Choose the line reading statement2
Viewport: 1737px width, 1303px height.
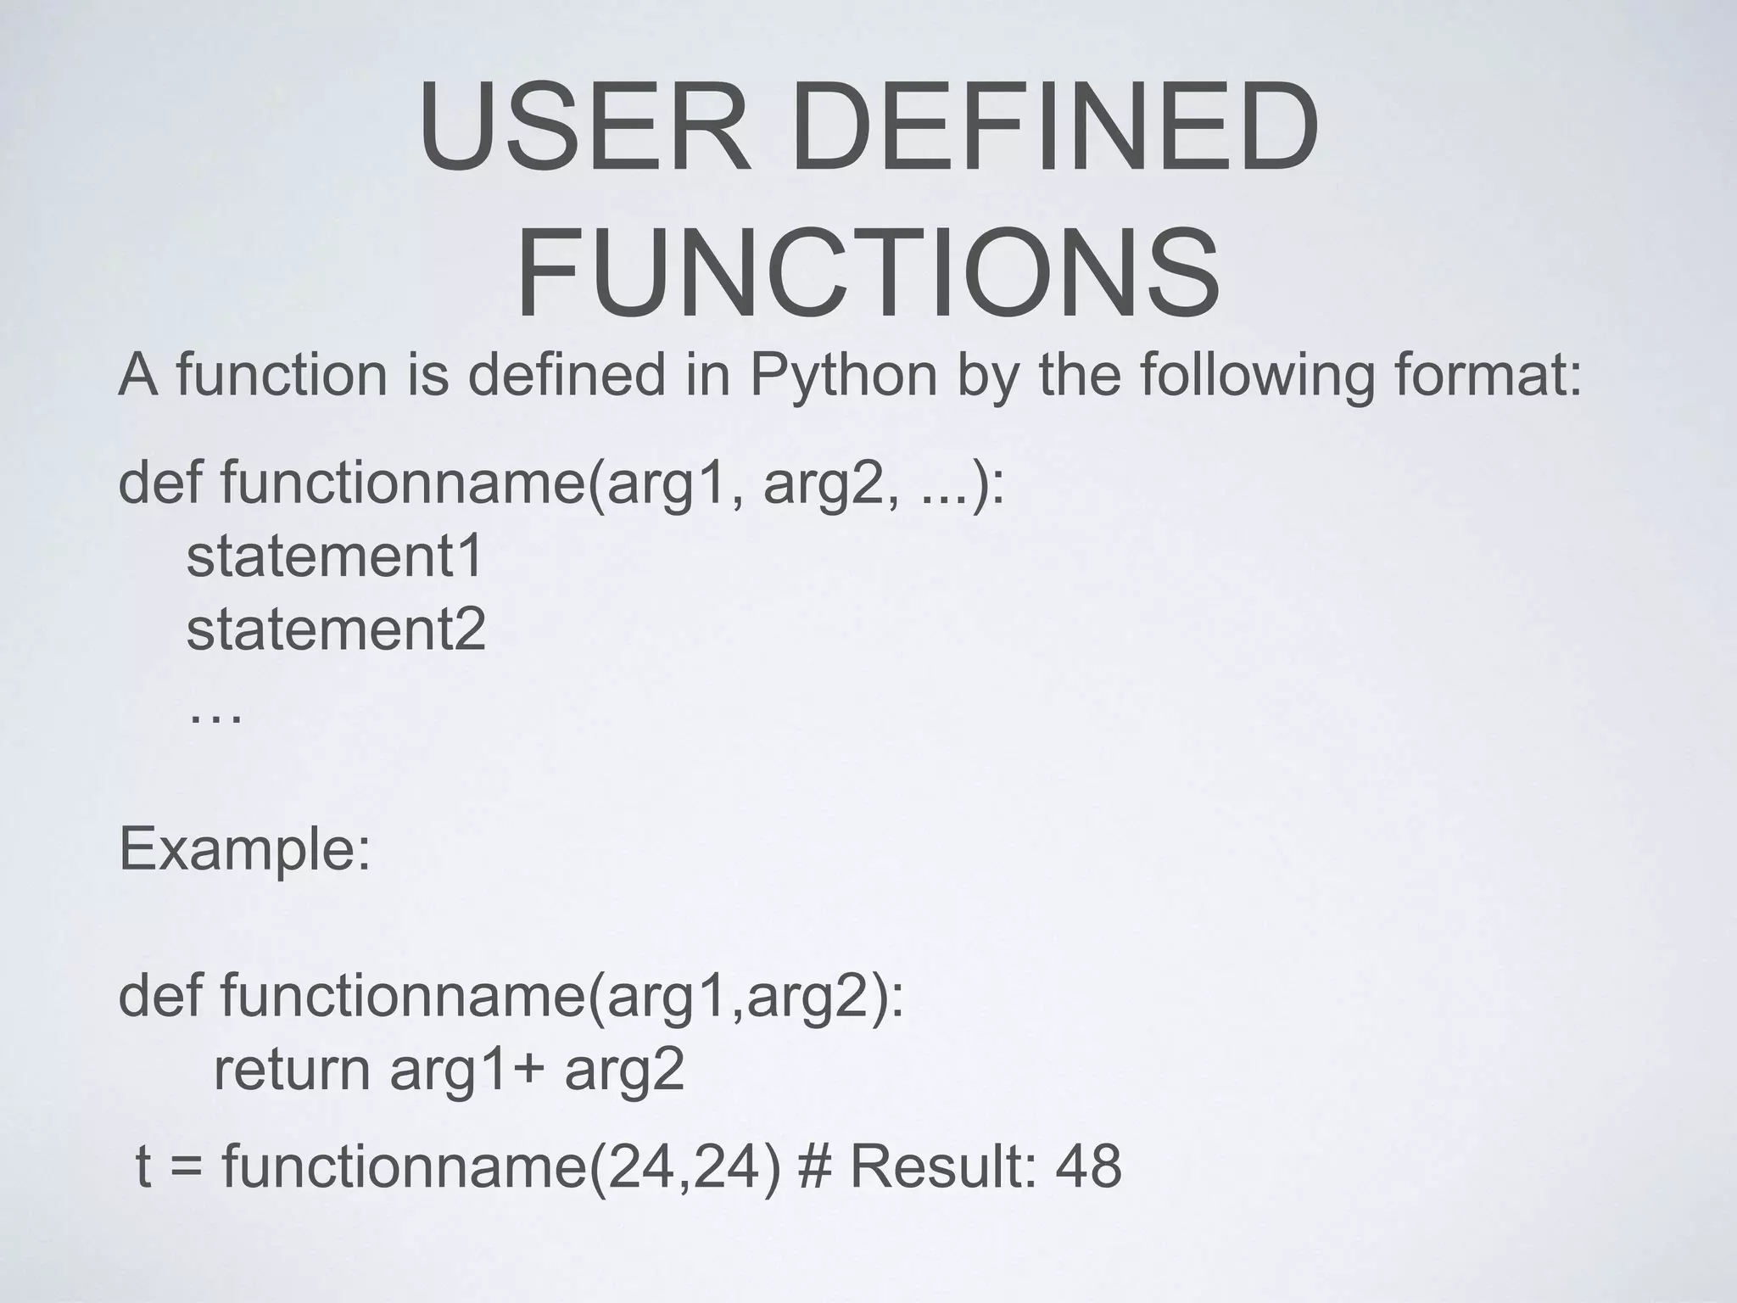[336, 629]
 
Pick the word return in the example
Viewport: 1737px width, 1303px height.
[292, 1070]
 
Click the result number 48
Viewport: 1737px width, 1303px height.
[1088, 1166]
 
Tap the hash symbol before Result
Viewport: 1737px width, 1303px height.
[815, 1166]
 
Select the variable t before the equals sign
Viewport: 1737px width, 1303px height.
[143, 1166]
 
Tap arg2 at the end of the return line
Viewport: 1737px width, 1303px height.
[624, 1071]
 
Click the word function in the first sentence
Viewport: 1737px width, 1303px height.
[282, 375]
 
